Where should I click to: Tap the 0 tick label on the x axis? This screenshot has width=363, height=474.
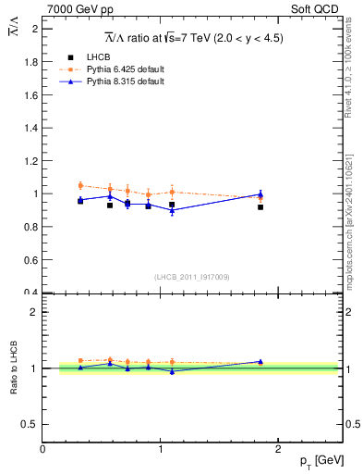tap(43, 449)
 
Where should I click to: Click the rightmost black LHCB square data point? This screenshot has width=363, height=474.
tap(260, 207)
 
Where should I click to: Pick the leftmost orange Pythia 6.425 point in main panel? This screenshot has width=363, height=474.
tap(80, 185)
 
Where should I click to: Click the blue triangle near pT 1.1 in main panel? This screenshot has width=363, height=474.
tap(172, 210)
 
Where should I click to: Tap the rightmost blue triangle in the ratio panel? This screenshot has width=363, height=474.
tap(260, 361)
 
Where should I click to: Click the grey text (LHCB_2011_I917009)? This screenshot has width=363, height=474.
tap(192, 276)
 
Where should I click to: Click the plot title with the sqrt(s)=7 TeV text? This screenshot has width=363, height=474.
tap(193, 38)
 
